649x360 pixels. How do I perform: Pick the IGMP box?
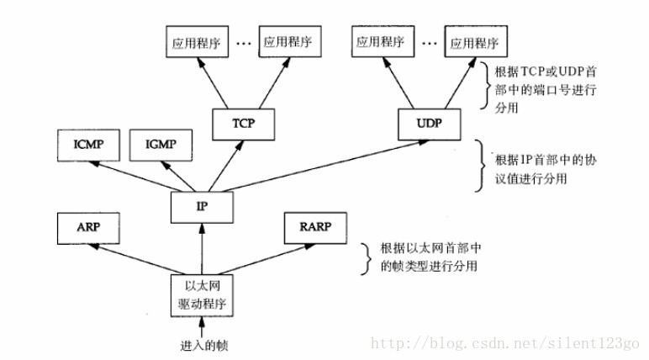click(159, 145)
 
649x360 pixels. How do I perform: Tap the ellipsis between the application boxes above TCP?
click(244, 42)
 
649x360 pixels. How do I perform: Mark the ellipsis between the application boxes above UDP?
click(429, 42)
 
